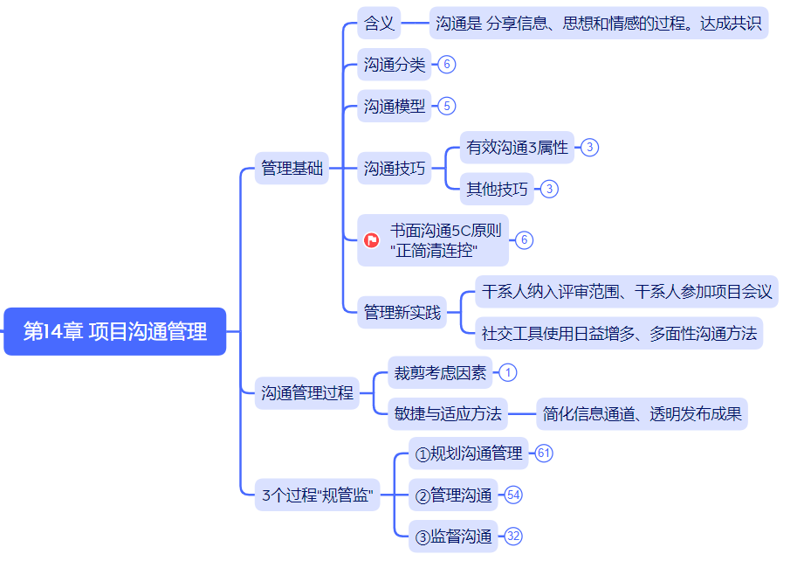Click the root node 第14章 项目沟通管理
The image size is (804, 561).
[x=114, y=332]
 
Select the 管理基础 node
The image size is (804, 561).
[x=292, y=169]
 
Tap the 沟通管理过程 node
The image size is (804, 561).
[x=307, y=393]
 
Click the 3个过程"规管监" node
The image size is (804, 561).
[x=318, y=496]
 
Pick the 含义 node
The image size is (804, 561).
[x=379, y=24]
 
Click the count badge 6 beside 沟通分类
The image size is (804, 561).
[x=447, y=65]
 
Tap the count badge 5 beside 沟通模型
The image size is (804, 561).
[x=447, y=107]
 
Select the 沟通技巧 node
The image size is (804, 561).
[x=395, y=169]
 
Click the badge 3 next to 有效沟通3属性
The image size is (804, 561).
[x=590, y=148]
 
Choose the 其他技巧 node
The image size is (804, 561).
[x=498, y=189]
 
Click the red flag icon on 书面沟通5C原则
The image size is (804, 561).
[x=372, y=240]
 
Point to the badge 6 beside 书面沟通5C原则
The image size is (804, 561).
[x=524, y=240]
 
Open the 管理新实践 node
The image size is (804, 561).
[x=402, y=312]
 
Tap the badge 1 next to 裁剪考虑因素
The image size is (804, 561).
[x=508, y=373]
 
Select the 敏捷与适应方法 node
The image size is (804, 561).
[x=448, y=413]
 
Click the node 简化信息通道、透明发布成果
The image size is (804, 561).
[x=642, y=413]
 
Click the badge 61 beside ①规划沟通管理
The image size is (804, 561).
[x=544, y=454]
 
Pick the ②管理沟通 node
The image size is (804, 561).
[x=453, y=495]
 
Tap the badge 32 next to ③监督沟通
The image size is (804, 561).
[x=513, y=537]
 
